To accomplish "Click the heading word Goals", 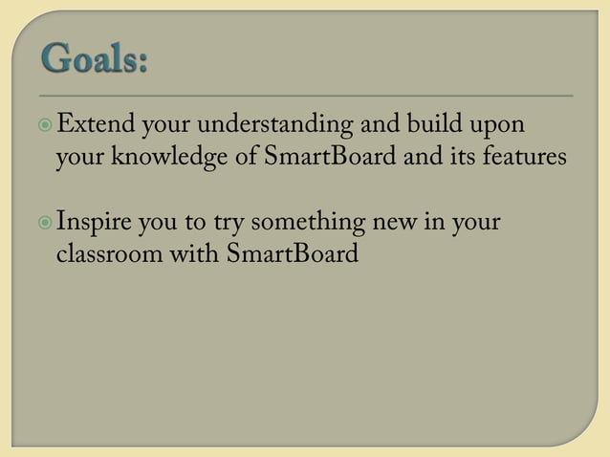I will (x=94, y=65).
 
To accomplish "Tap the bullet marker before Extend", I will (x=48, y=125).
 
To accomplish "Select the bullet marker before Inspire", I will (x=48, y=225).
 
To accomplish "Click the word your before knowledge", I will (x=79, y=158).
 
